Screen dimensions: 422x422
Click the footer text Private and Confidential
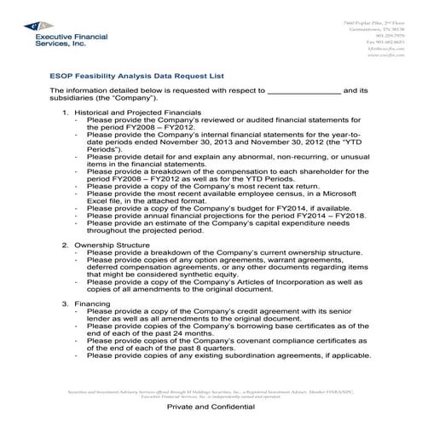pos(211,409)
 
